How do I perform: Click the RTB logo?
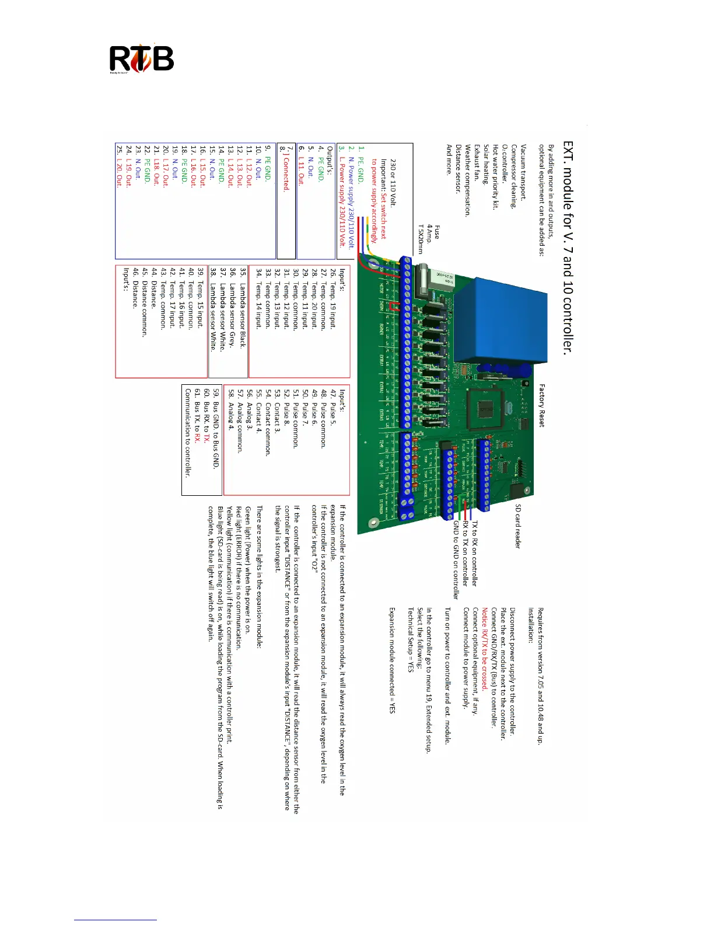click(x=142, y=60)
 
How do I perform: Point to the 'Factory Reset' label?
click(x=541, y=405)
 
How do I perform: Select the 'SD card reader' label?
click(x=517, y=526)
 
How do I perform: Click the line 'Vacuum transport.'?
click(x=523, y=173)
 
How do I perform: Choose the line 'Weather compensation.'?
click(x=467, y=181)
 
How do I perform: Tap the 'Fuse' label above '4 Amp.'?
click(x=437, y=232)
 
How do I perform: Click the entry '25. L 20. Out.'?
click(x=120, y=166)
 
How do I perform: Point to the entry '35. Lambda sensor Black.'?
click(x=243, y=307)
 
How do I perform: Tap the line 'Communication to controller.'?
click(x=188, y=432)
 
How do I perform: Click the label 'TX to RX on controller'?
click(x=474, y=554)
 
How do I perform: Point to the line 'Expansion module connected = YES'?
click(x=392, y=660)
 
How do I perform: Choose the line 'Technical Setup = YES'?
click(x=411, y=640)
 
